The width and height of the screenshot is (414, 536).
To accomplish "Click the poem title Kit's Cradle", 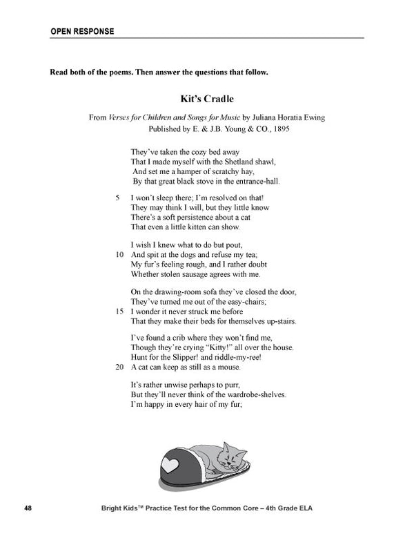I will coord(206,98).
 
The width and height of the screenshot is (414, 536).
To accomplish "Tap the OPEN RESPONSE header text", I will coord(83,31).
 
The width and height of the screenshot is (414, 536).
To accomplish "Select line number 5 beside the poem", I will coord(120,197).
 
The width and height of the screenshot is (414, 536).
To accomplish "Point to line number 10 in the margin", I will coord(119,253).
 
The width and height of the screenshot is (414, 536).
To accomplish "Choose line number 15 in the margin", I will coord(119,312).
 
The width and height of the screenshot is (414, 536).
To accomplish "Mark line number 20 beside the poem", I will coord(119,367).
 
